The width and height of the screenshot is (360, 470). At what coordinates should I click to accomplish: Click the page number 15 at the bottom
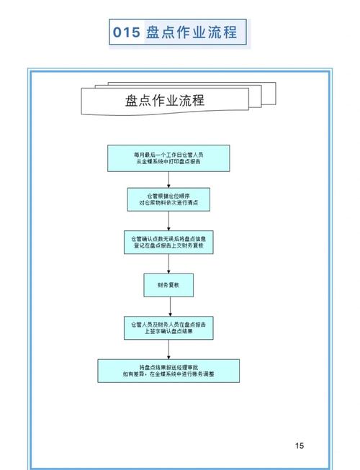pos(300,446)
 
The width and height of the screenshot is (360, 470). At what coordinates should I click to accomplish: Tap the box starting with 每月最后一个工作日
pos(168,158)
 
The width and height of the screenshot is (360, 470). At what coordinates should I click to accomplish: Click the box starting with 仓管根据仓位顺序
pos(168,200)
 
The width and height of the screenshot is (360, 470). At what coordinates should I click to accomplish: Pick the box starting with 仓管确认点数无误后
pos(168,242)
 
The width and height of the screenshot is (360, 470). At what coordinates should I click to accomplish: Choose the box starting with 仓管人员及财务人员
pos(168,328)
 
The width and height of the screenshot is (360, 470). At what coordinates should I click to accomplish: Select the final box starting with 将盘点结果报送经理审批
pos(168,370)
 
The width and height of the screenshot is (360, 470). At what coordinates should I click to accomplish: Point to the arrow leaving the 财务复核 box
pos(168,307)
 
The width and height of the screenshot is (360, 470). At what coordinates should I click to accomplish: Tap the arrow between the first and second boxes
pos(168,180)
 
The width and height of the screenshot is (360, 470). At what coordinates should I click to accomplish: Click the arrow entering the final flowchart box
pos(168,350)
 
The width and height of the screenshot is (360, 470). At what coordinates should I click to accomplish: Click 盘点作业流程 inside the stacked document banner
pos(165,100)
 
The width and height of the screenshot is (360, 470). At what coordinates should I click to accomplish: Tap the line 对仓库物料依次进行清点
pos(168,204)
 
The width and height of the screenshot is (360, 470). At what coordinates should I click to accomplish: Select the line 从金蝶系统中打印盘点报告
pos(168,163)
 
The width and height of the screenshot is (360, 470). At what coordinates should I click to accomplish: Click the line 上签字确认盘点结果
pos(168,333)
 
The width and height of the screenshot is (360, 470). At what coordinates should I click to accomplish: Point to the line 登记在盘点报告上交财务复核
pos(168,246)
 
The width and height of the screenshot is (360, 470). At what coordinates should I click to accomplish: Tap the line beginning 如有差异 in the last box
pos(168,374)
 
